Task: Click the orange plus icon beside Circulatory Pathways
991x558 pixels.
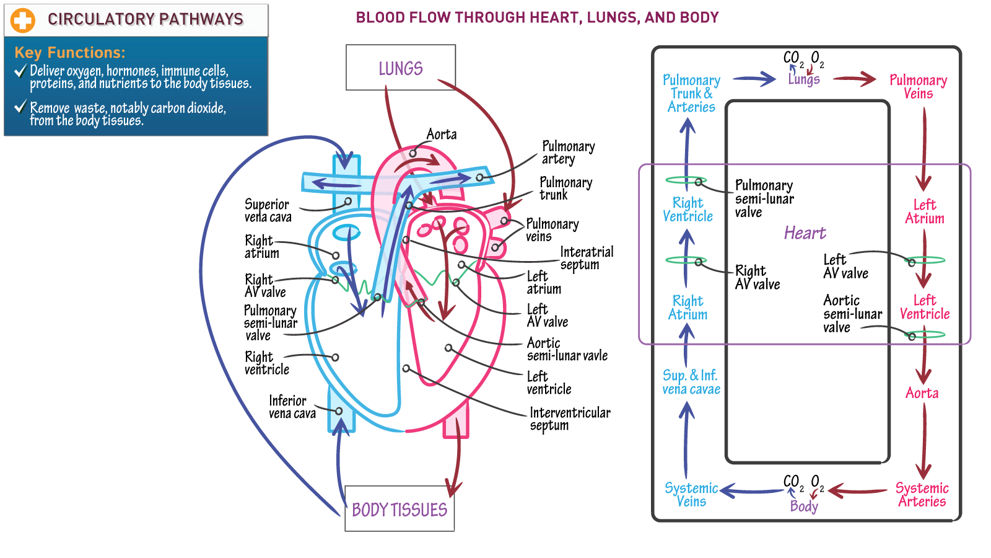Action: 22,20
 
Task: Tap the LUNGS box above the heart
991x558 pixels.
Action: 400,68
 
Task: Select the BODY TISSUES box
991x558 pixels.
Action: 399,508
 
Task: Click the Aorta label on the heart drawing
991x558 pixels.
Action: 442,134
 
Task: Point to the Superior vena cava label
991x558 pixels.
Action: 268,210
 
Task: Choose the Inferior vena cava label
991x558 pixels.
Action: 292,407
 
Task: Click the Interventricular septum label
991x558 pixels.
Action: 570,419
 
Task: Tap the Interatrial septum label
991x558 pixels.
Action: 587,258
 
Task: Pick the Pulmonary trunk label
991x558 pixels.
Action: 566,188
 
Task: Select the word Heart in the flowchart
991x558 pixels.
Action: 805,233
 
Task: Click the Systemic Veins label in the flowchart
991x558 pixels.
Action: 691,495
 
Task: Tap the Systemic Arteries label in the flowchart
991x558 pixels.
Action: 922,495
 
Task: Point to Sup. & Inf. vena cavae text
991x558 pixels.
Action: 691,382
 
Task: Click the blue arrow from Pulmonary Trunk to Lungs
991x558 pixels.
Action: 754,79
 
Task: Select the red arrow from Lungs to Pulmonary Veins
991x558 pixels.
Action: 854,79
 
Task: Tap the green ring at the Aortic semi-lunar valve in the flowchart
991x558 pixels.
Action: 924,334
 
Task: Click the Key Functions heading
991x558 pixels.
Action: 70,53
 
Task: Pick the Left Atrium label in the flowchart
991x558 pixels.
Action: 925,211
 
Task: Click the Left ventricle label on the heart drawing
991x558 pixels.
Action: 549,383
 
